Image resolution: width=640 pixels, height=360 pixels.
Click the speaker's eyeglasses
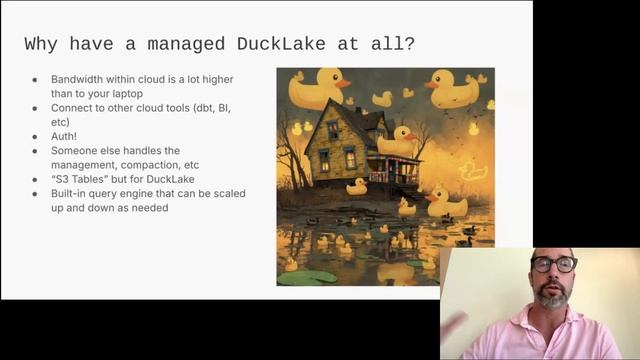click(x=554, y=265)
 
